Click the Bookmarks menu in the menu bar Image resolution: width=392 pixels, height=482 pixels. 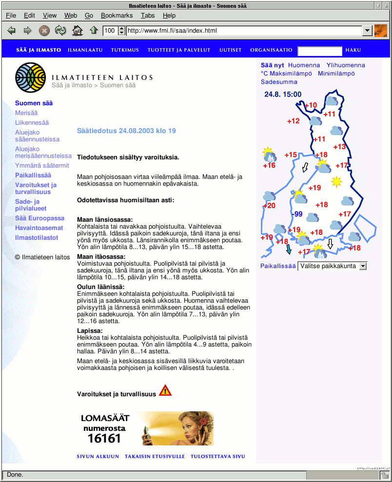click(x=117, y=16)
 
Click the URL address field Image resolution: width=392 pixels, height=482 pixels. click(x=244, y=31)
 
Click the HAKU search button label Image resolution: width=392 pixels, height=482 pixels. click(x=353, y=50)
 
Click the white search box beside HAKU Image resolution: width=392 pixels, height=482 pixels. click(x=320, y=51)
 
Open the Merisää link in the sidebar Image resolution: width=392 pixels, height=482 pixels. click(x=26, y=113)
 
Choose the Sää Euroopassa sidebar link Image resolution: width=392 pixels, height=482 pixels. click(x=39, y=218)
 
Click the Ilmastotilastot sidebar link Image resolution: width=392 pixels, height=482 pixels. click(x=37, y=238)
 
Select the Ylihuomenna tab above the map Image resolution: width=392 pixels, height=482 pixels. click(x=346, y=65)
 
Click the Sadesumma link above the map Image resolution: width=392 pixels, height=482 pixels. click(x=279, y=82)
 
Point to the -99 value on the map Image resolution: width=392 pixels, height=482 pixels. click(x=296, y=214)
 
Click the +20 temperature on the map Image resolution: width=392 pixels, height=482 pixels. click(x=269, y=206)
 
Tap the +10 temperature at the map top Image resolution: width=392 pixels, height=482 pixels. click(x=311, y=105)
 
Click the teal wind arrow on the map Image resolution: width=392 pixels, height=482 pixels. click(x=289, y=250)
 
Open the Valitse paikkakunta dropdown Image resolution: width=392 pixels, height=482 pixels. click(x=332, y=266)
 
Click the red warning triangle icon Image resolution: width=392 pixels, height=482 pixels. click(x=165, y=391)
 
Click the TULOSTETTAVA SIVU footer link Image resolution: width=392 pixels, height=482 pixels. click(x=217, y=457)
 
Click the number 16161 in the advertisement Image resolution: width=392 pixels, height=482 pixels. click(x=104, y=439)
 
